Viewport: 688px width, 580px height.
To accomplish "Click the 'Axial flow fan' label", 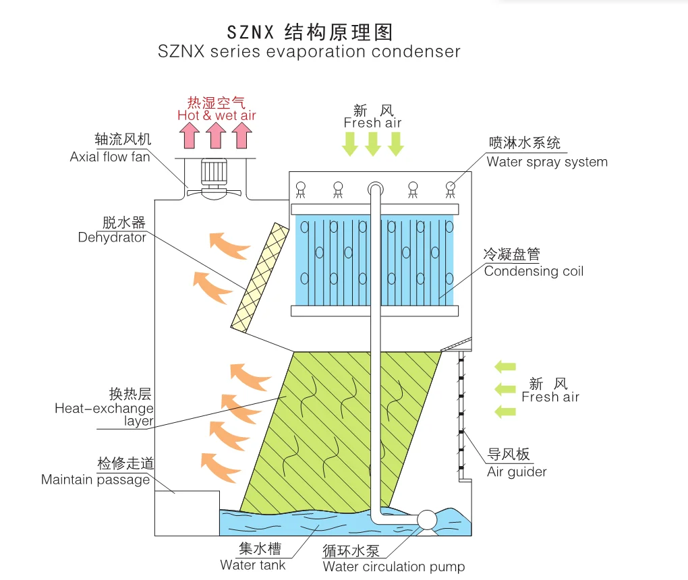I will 110,157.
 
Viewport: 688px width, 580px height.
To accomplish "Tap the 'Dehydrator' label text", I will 112,237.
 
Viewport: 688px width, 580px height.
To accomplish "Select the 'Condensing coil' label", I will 534,271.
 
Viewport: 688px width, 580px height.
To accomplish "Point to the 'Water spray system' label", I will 547,162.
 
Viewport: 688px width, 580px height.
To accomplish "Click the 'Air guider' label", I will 517,471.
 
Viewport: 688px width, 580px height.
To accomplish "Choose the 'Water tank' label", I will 253,564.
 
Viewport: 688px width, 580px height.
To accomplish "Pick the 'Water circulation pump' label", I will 394,567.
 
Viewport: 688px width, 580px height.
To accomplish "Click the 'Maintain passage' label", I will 95,480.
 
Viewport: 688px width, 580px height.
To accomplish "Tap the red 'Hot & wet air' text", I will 217,115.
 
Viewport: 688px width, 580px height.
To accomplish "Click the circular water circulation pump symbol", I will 427,519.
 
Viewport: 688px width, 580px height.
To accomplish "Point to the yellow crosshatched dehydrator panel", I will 258,280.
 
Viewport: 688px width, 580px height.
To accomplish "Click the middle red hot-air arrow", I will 215,137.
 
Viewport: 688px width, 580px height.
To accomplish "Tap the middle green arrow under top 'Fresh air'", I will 373,144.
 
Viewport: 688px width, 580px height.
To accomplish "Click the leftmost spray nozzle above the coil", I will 301,190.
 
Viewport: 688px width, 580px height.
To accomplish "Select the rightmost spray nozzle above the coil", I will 450,190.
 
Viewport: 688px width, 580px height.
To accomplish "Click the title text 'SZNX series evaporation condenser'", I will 309,52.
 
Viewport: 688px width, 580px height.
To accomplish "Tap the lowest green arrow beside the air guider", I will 505,411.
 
